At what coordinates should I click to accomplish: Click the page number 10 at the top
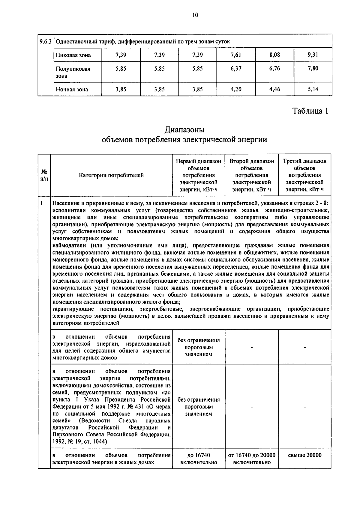tap(195, 15)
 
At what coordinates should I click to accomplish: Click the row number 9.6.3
tap(46, 41)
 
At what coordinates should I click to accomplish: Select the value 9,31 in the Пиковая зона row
tap(313, 55)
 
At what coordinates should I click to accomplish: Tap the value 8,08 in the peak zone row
tap(274, 55)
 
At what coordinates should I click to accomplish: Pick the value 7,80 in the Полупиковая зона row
tap(313, 68)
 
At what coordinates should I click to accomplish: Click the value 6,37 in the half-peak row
tap(236, 68)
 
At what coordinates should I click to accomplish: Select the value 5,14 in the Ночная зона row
tap(313, 89)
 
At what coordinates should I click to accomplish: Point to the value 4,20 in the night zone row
tap(236, 89)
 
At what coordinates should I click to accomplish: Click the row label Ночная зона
tap(72, 89)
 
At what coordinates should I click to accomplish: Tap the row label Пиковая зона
tap(73, 55)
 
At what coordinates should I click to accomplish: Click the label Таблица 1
tap(310, 111)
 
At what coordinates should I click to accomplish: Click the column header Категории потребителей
tap(111, 175)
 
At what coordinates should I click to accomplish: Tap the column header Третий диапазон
tap(304, 161)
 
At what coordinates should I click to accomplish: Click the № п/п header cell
tap(44, 175)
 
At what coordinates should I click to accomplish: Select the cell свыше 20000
tap(304, 455)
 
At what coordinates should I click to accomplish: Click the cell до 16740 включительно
tap(199, 459)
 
